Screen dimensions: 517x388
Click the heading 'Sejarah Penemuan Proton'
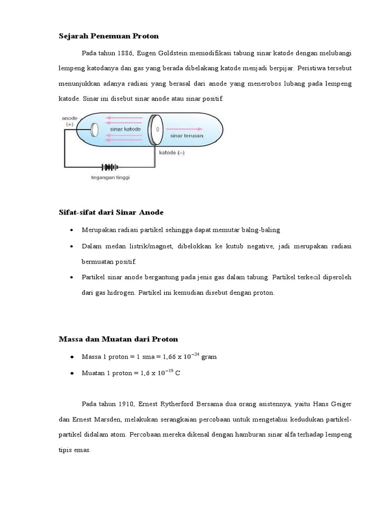(109, 36)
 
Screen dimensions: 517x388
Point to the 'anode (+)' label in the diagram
(69, 121)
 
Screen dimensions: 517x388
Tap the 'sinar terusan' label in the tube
(187, 136)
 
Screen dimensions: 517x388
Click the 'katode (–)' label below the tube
(173, 152)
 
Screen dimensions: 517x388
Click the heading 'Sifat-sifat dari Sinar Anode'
(111, 212)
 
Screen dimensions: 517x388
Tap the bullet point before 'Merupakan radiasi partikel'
(72, 230)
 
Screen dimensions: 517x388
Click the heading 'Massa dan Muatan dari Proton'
(118, 339)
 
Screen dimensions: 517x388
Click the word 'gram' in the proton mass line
(209, 357)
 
